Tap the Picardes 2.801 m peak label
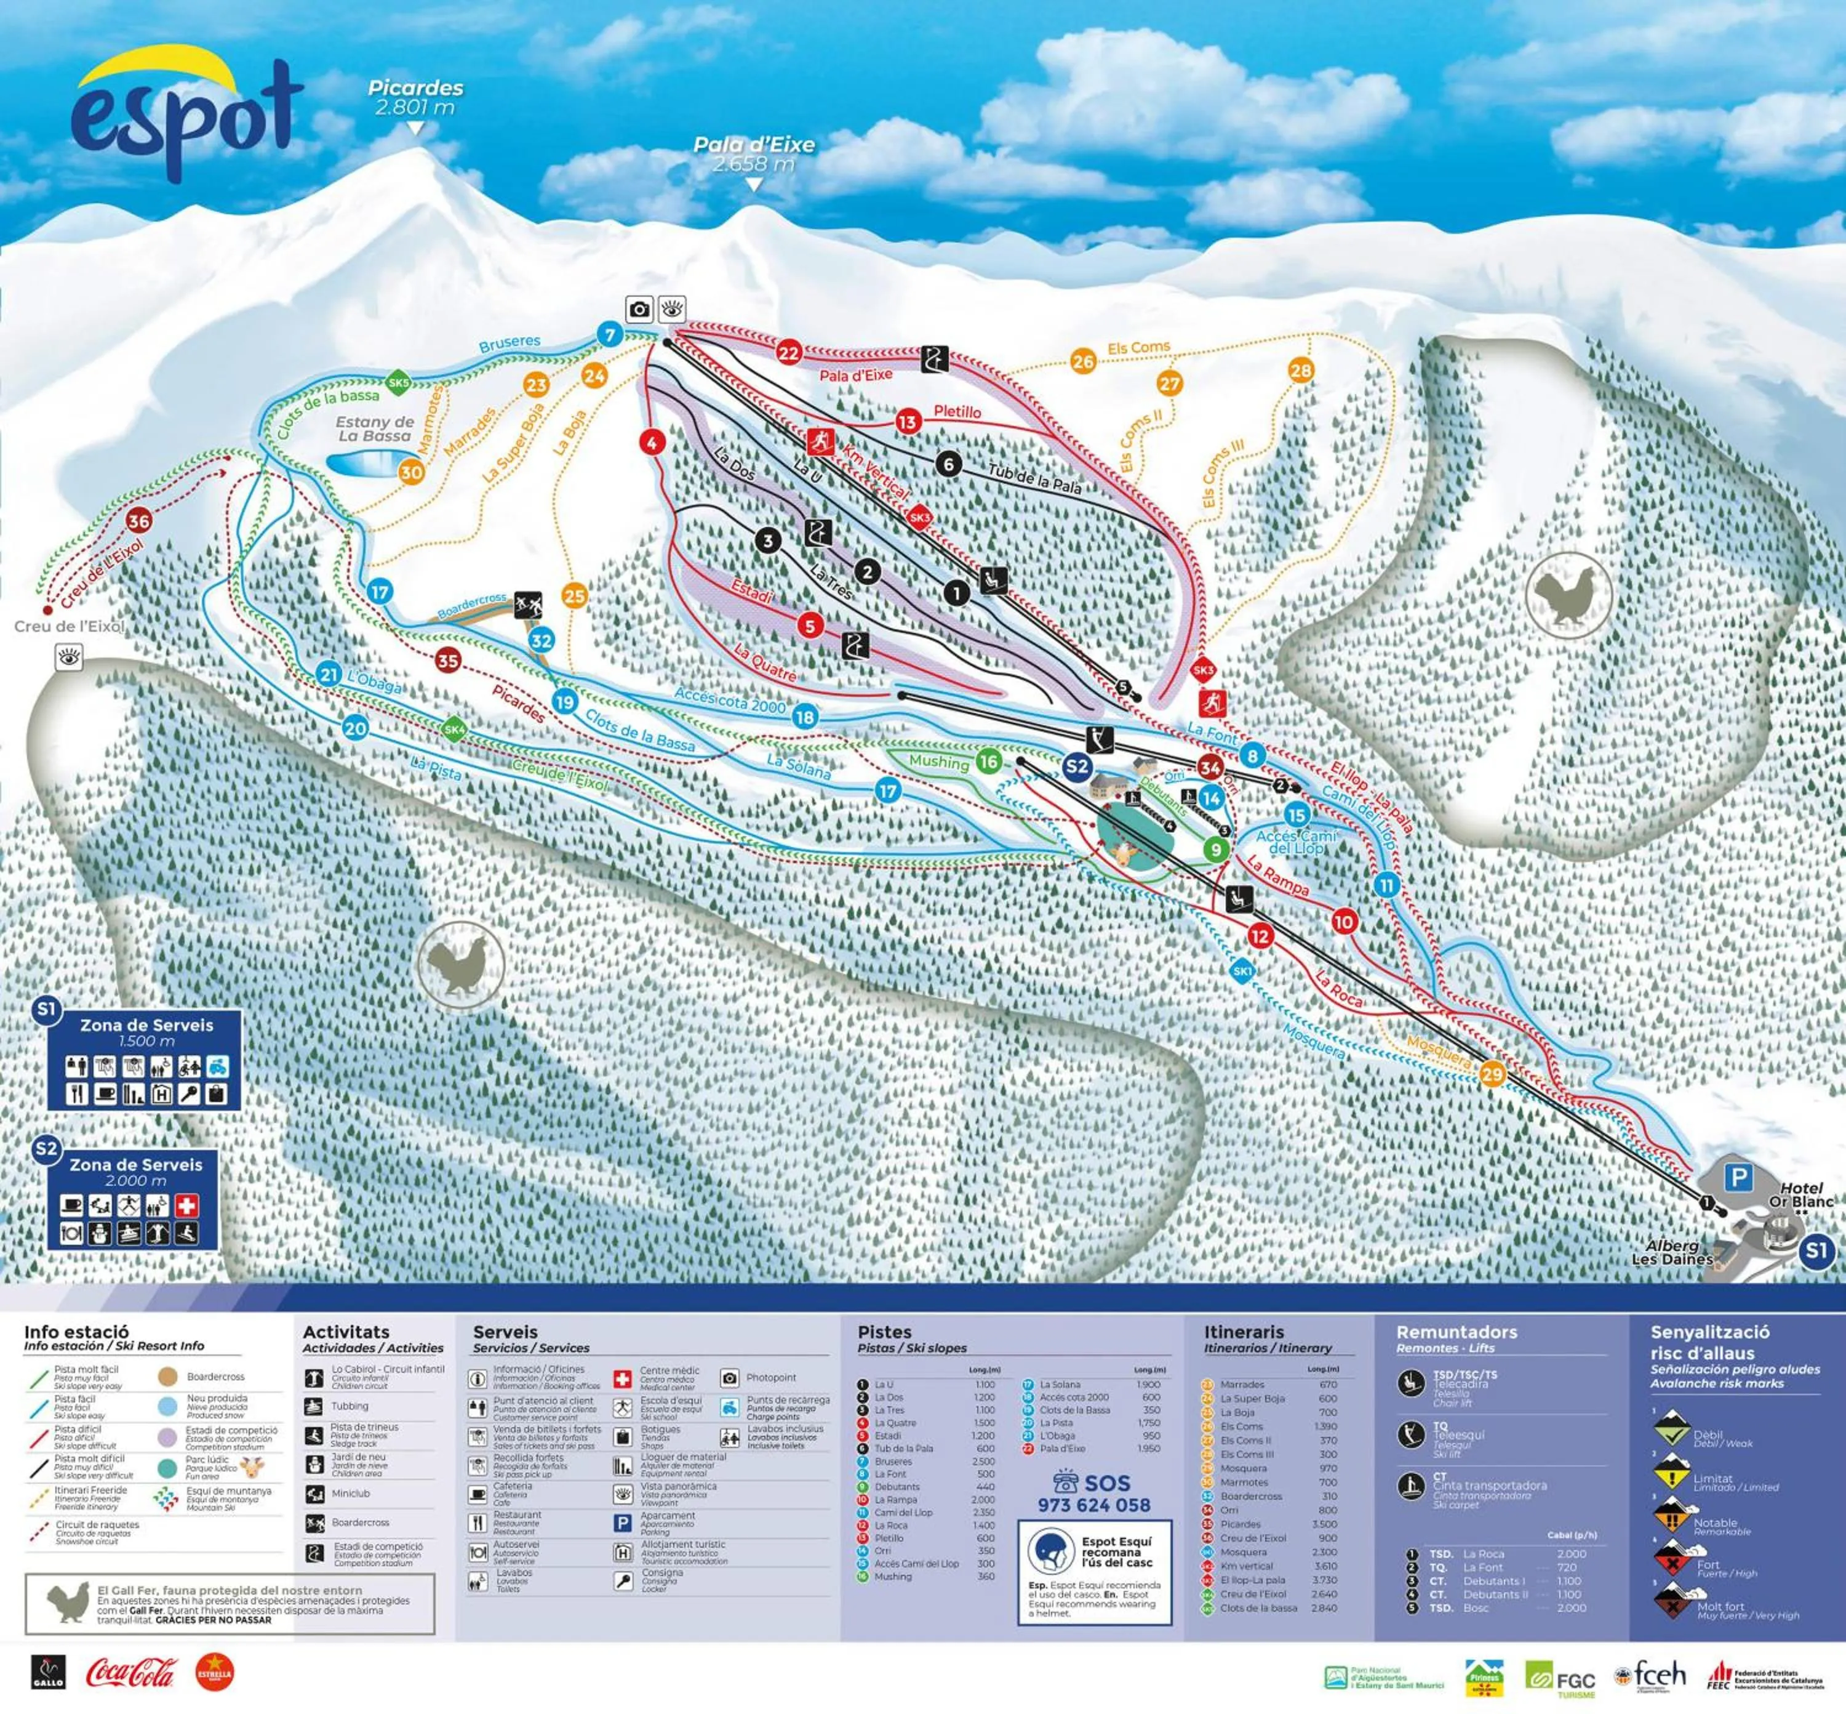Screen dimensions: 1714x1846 [x=415, y=97]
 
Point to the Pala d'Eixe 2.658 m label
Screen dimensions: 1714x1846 [x=754, y=154]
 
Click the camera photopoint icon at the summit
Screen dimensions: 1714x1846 [x=639, y=309]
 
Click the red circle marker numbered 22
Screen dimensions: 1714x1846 [x=789, y=352]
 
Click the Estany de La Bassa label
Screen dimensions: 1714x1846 [x=374, y=428]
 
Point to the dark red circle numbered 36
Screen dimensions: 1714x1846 [x=138, y=521]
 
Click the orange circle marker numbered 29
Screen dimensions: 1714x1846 [x=1492, y=1074]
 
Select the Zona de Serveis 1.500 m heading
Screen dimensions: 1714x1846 [x=146, y=1032]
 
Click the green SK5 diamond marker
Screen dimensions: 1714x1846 [x=398, y=382]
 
